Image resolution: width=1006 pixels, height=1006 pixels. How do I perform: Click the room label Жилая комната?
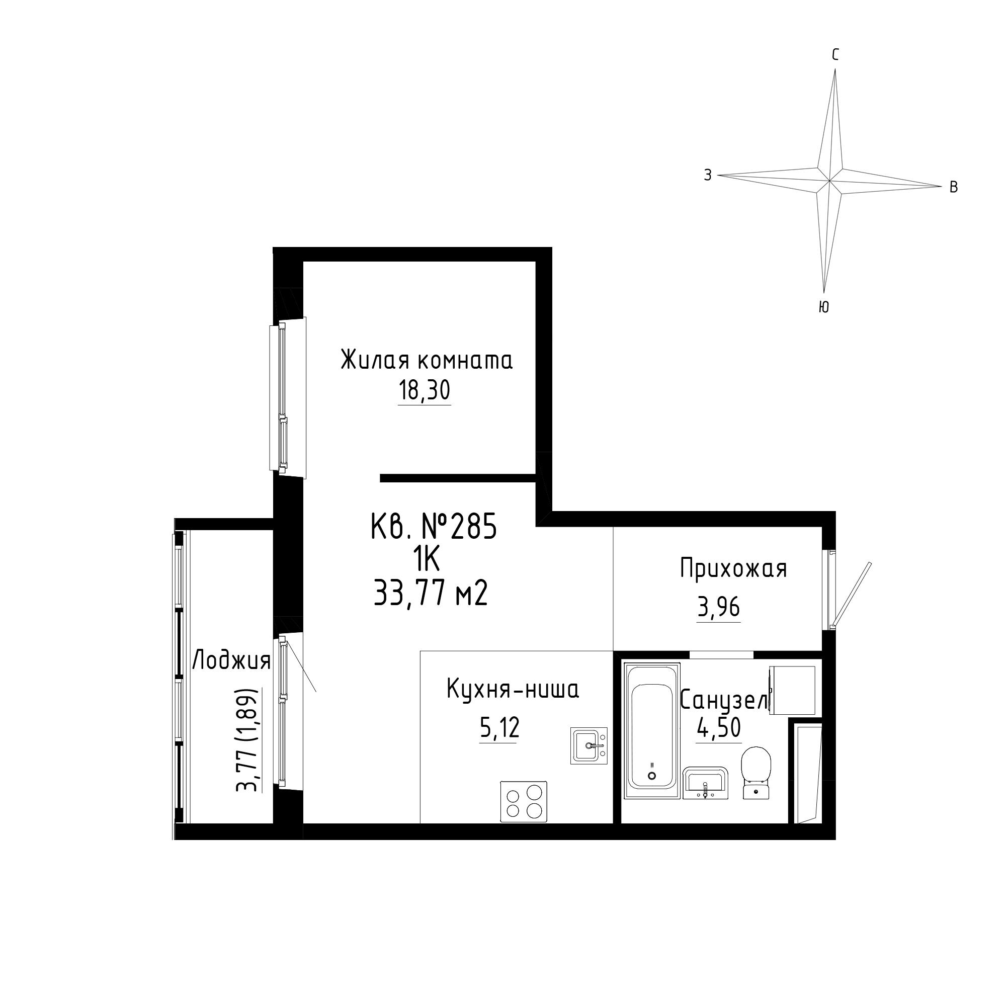pyautogui.click(x=427, y=360)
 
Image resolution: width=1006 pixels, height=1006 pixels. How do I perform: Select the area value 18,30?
pyautogui.click(x=425, y=390)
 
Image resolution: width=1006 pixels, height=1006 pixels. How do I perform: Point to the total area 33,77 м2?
pyautogui.click(x=431, y=594)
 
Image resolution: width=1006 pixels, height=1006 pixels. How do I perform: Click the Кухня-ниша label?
pyautogui.click(x=513, y=690)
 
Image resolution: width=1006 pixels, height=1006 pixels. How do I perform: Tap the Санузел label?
pyautogui.click(x=724, y=700)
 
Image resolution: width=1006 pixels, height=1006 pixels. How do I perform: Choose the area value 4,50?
pyautogui.click(x=719, y=728)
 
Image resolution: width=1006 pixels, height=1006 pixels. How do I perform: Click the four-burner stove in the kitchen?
pyautogui.click(x=523, y=801)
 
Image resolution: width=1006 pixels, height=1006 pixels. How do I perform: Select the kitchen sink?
pyautogui.click(x=589, y=745)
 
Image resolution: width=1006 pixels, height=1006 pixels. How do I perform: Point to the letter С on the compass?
pyautogui.click(x=835, y=55)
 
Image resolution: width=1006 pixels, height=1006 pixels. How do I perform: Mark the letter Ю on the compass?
pyautogui.click(x=823, y=307)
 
